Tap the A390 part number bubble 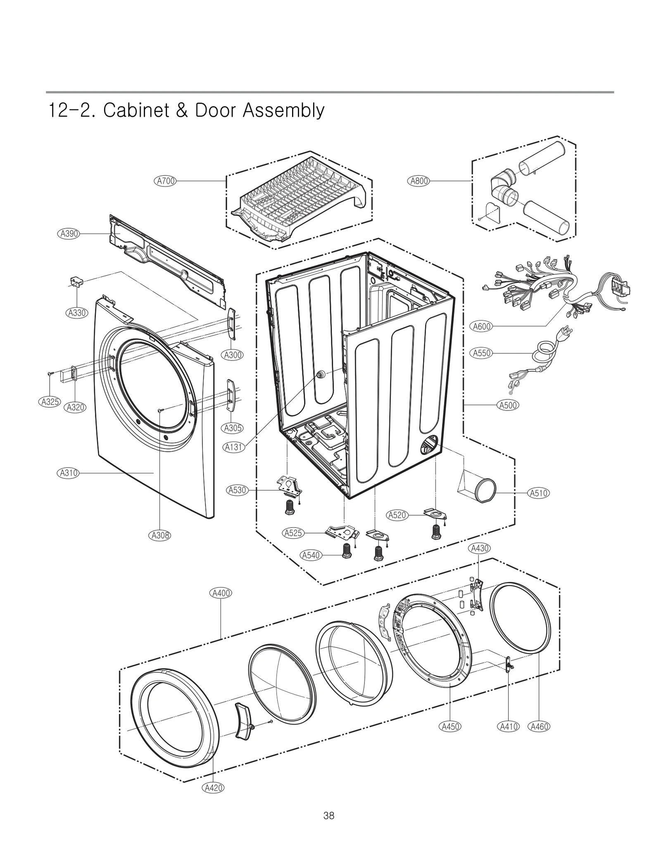[68, 234]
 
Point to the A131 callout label [234, 447]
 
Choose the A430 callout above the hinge [479, 549]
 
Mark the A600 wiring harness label [482, 326]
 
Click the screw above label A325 [50, 373]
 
